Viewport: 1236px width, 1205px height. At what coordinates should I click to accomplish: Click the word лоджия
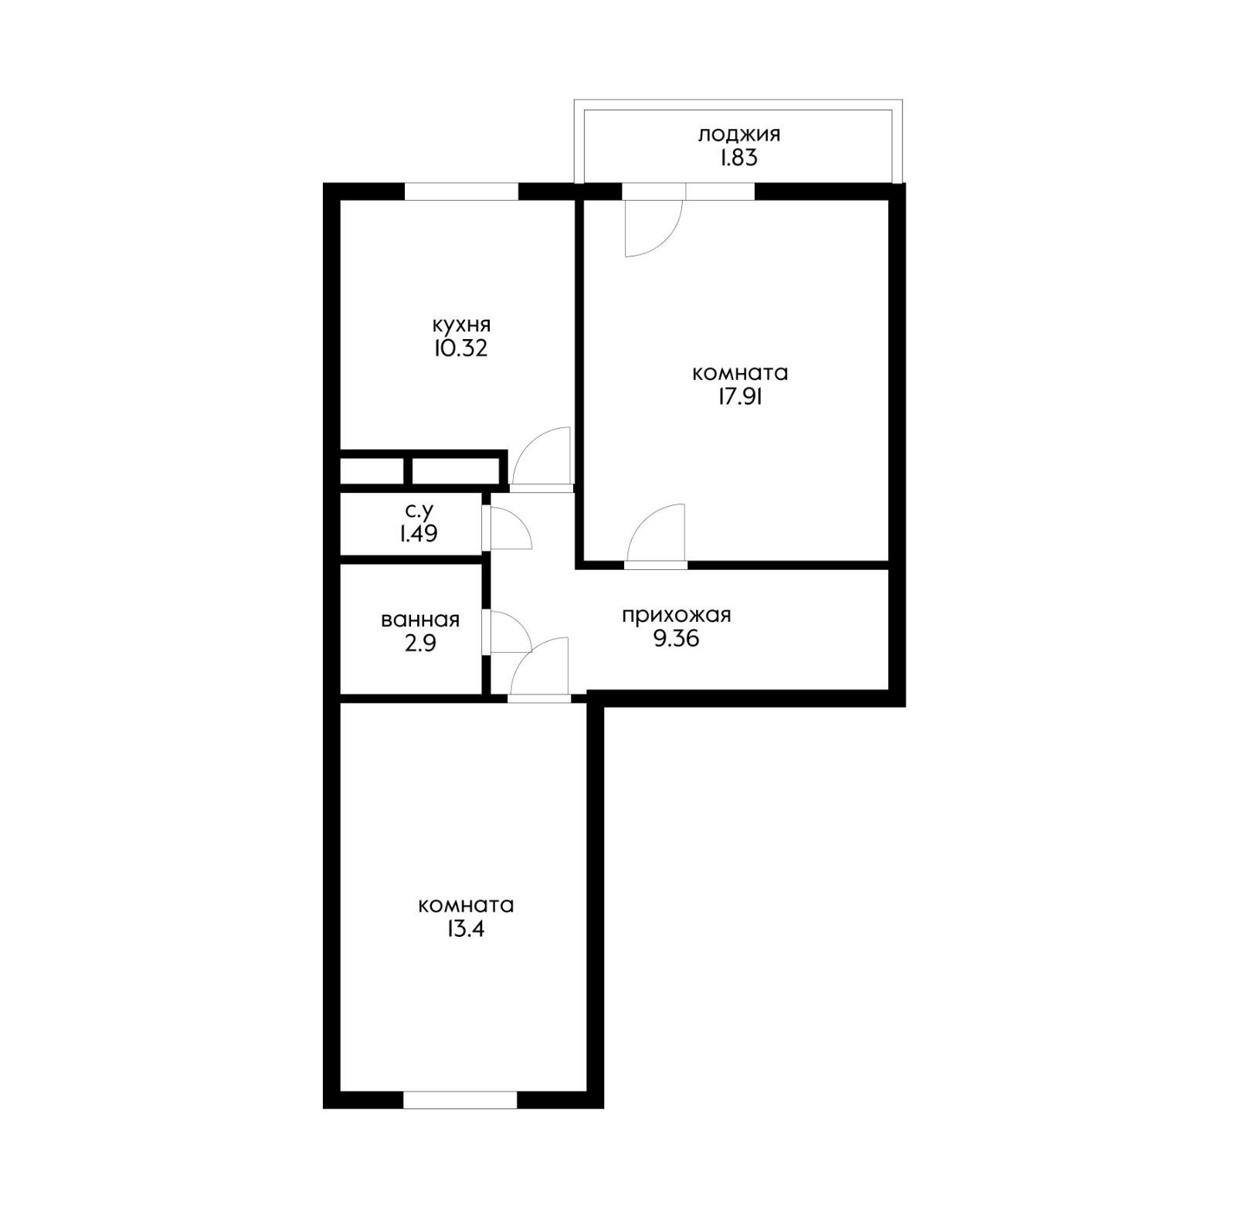click(739, 135)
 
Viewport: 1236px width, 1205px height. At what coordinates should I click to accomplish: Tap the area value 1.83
click(739, 159)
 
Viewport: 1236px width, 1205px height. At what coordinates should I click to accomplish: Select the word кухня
click(461, 324)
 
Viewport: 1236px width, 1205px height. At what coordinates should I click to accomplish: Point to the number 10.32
click(461, 348)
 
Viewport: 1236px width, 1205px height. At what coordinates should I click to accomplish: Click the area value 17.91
click(740, 397)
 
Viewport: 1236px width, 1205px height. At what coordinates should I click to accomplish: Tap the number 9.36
click(676, 640)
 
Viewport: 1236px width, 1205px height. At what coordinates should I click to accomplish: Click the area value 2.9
click(420, 643)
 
